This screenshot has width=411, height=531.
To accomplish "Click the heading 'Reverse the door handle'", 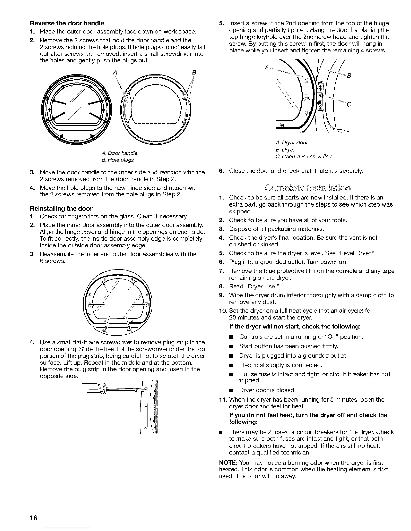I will click(67, 23).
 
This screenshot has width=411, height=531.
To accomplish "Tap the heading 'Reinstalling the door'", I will click(66, 208).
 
